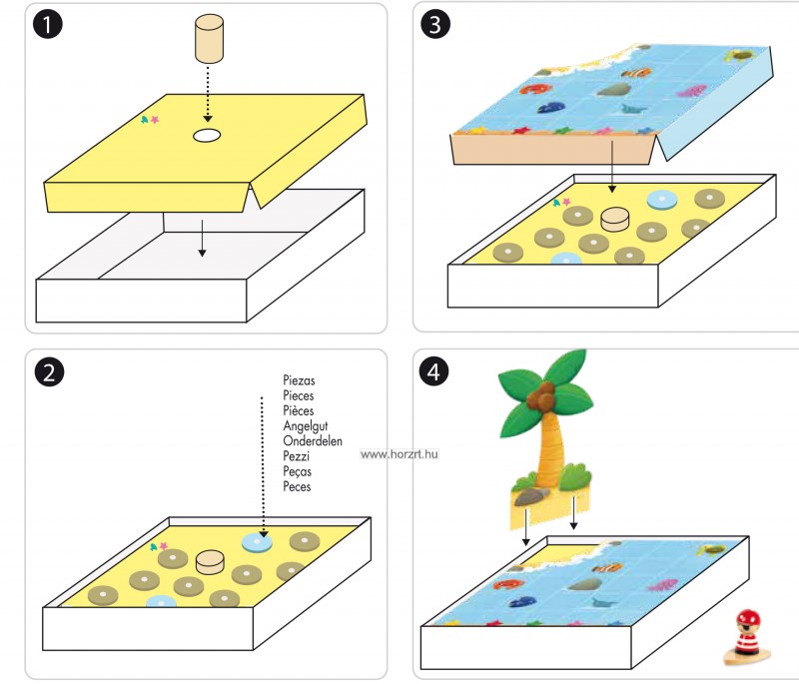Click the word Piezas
point(299,381)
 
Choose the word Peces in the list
point(298,486)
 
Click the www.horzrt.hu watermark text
point(399,454)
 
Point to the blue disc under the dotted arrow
point(258,543)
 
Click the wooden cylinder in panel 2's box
point(211,561)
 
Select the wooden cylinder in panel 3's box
point(615,218)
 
